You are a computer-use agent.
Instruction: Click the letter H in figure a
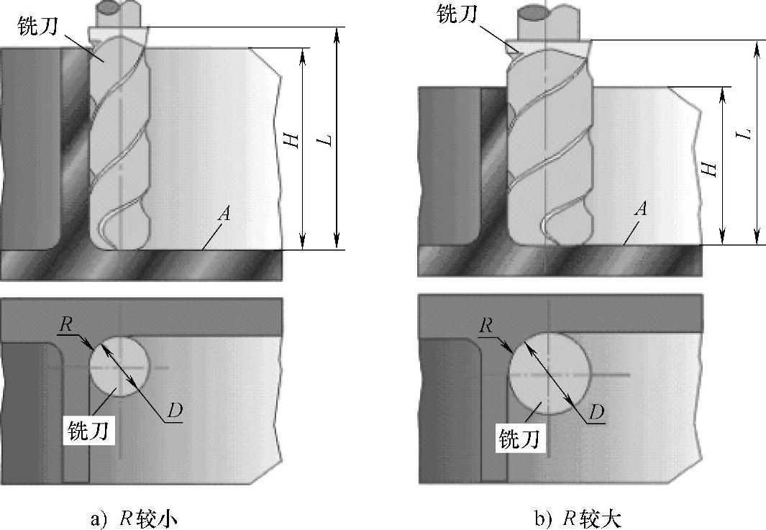(291, 141)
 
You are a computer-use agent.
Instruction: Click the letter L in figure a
(327, 138)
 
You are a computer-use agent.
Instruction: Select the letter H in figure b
(710, 169)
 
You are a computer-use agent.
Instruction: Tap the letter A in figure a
(226, 214)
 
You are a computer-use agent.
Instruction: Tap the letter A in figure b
(642, 209)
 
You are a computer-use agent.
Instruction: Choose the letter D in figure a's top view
(174, 410)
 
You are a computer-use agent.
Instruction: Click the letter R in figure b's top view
(486, 324)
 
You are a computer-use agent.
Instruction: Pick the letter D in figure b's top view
(596, 411)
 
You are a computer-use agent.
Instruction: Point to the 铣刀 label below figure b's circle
(519, 436)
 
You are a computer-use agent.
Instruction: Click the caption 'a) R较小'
(134, 518)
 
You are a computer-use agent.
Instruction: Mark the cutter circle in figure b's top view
(550, 374)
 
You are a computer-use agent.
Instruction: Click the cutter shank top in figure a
(114, 9)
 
